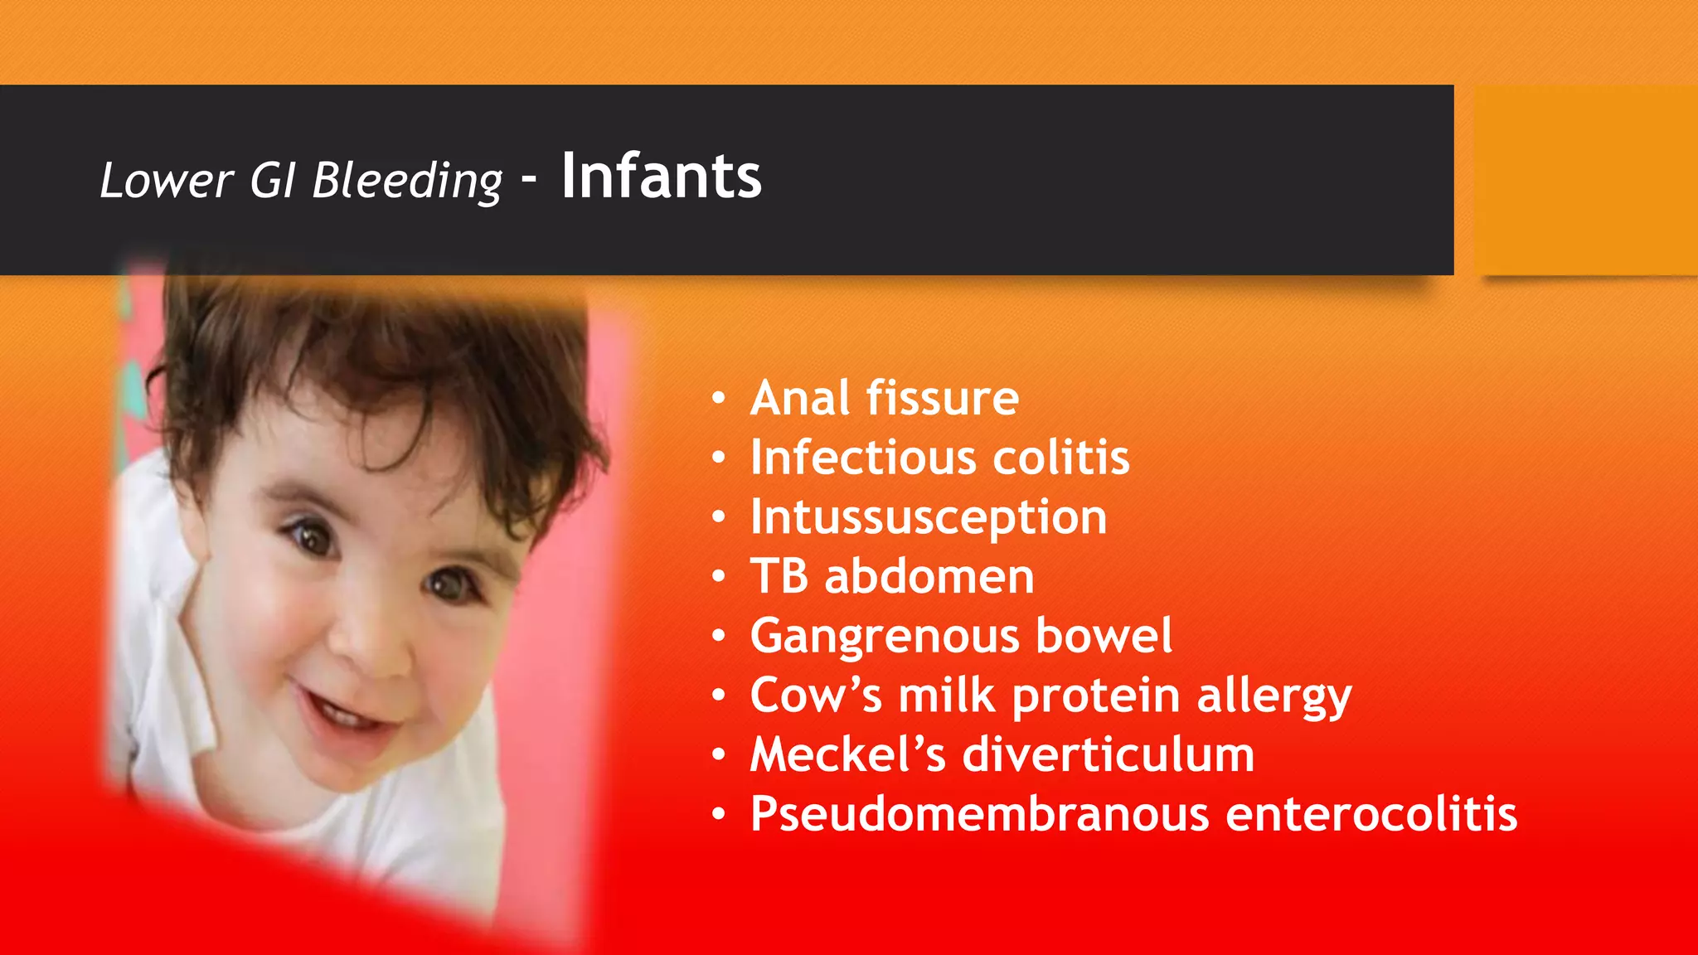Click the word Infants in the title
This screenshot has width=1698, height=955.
[661, 177]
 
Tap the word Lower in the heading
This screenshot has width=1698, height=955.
[167, 180]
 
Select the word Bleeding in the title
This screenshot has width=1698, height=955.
[407, 182]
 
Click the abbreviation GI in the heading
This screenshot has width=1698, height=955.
[273, 180]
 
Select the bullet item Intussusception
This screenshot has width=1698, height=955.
[928, 518]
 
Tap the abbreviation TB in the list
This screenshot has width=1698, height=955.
[779, 576]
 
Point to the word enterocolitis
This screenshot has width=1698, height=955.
[1371, 814]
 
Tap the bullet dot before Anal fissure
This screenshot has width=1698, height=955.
[719, 400]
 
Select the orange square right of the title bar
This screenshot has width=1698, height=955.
[1586, 180]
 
